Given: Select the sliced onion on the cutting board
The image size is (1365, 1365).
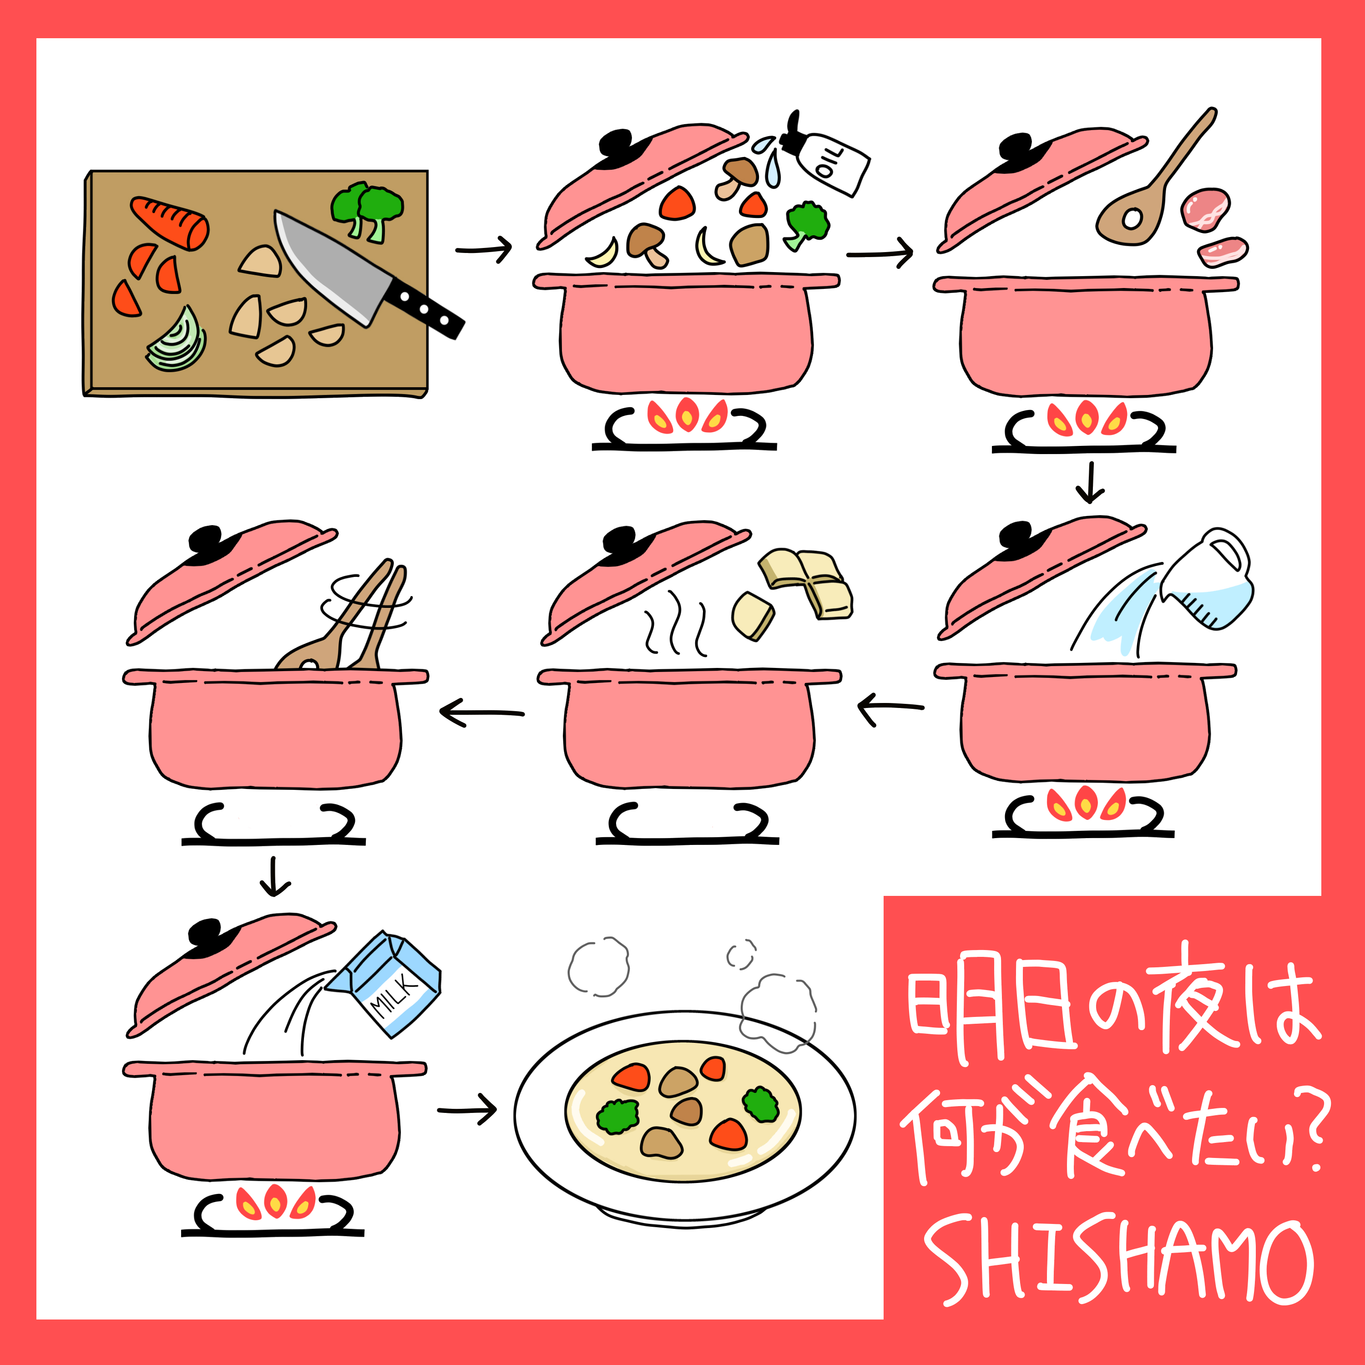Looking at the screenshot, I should pyautogui.click(x=177, y=340).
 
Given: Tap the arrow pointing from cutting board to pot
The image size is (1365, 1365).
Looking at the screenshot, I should pyautogui.click(x=484, y=249).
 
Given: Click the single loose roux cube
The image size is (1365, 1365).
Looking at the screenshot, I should pyautogui.click(x=753, y=615).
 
